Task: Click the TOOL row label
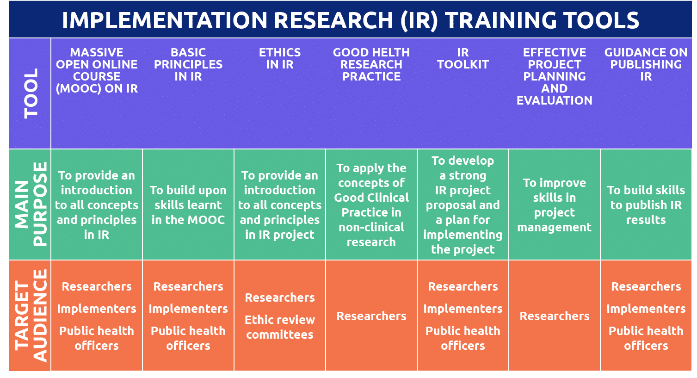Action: pos(31,93)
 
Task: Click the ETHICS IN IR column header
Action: pos(280,59)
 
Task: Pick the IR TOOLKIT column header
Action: pos(463,59)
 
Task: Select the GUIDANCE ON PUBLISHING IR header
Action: pos(646,65)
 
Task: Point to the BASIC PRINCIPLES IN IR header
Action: pos(188,65)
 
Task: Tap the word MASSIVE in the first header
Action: pos(97,53)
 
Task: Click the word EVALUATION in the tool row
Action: pos(554,101)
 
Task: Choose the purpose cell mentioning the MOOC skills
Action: pos(188,205)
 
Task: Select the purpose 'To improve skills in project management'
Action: pos(554,205)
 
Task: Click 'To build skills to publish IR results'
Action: pos(646,205)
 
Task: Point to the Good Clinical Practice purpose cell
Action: pos(371,205)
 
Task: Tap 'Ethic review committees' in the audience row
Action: pos(280,327)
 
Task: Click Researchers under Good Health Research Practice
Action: pos(371,316)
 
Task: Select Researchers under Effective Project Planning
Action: pos(554,316)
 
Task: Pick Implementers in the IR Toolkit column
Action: pos(463,309)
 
